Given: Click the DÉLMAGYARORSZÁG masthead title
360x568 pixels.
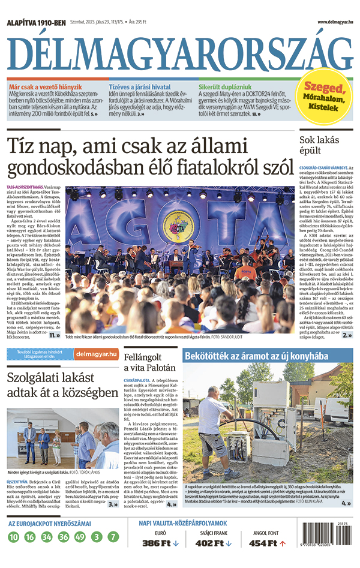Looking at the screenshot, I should pos(180,53).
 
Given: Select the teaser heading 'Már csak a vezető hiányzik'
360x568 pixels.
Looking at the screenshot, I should pos(46,88).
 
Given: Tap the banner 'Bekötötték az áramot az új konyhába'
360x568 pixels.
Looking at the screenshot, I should pos(257,356).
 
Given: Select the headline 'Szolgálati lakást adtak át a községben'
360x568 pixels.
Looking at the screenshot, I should pos(63,386).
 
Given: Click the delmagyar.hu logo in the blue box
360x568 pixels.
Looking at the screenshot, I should pos(97,354).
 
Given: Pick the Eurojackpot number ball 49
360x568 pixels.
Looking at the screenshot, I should pos(80,537).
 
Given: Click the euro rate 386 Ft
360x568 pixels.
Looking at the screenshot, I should pos(157,543).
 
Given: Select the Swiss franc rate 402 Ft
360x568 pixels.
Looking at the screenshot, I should pos(210,543).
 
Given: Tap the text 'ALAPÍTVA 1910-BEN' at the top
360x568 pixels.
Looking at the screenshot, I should pos(36,23).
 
